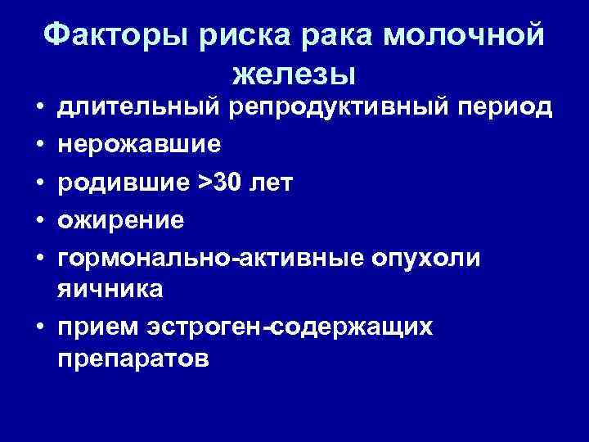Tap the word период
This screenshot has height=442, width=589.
[x=506, y=106]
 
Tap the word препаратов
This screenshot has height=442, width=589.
[x=133, y=358]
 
